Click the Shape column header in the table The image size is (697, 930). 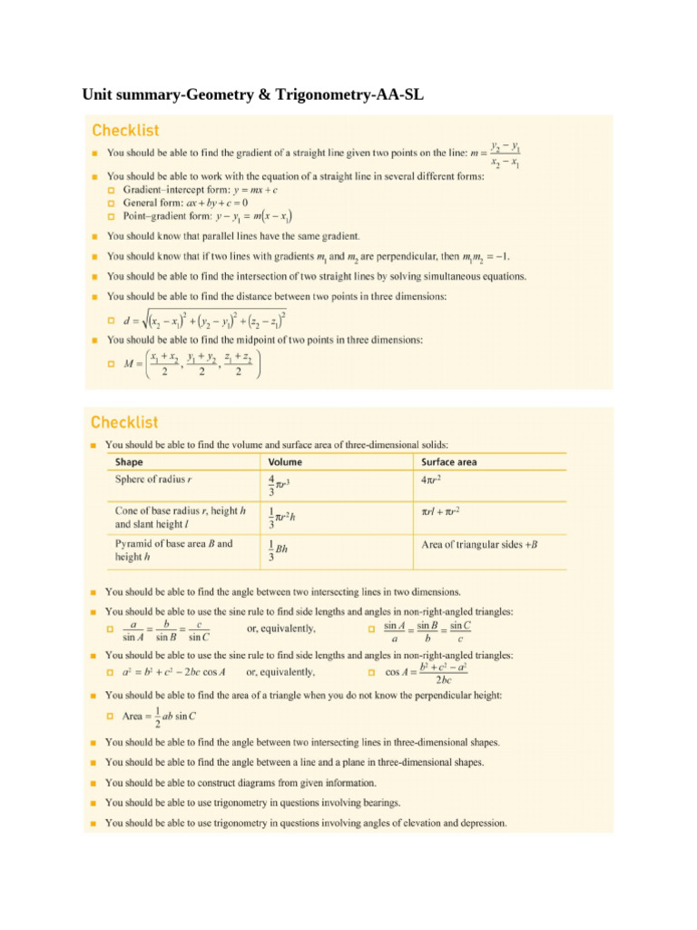pyautogui.click(x=129, y=462)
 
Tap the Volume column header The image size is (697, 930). pyautogui.click(x=286, y=462)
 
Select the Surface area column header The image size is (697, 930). pyautogui.click(x=449, y=462)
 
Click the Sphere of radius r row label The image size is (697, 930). pyautogui.click(x=152, y=480)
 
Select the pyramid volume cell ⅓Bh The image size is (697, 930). pyautogui.click(x=279, y=549)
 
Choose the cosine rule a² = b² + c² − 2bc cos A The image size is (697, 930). pyautogui.click(x=174, y=672)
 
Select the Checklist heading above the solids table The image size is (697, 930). pyautogui.click(x=123, y=422)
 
